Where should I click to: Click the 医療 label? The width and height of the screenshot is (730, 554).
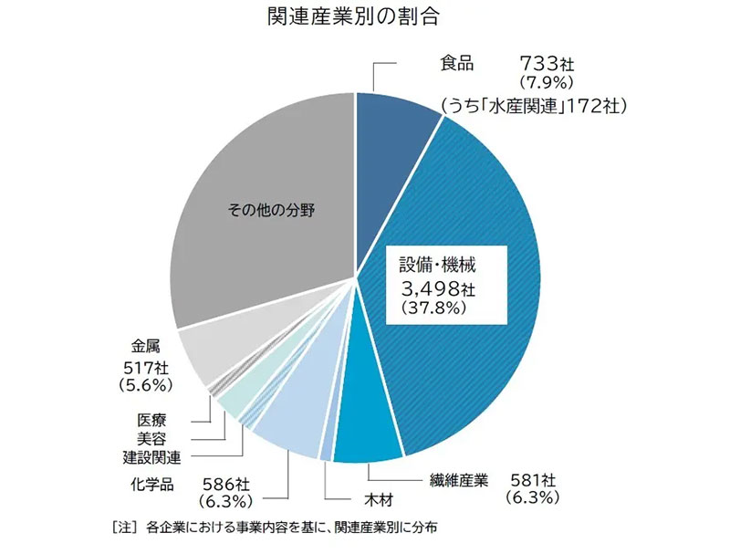tap(151, 422)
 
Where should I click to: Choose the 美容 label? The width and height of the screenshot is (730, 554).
tap(151, 439)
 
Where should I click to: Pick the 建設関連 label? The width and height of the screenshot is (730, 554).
tap(151, 456)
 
